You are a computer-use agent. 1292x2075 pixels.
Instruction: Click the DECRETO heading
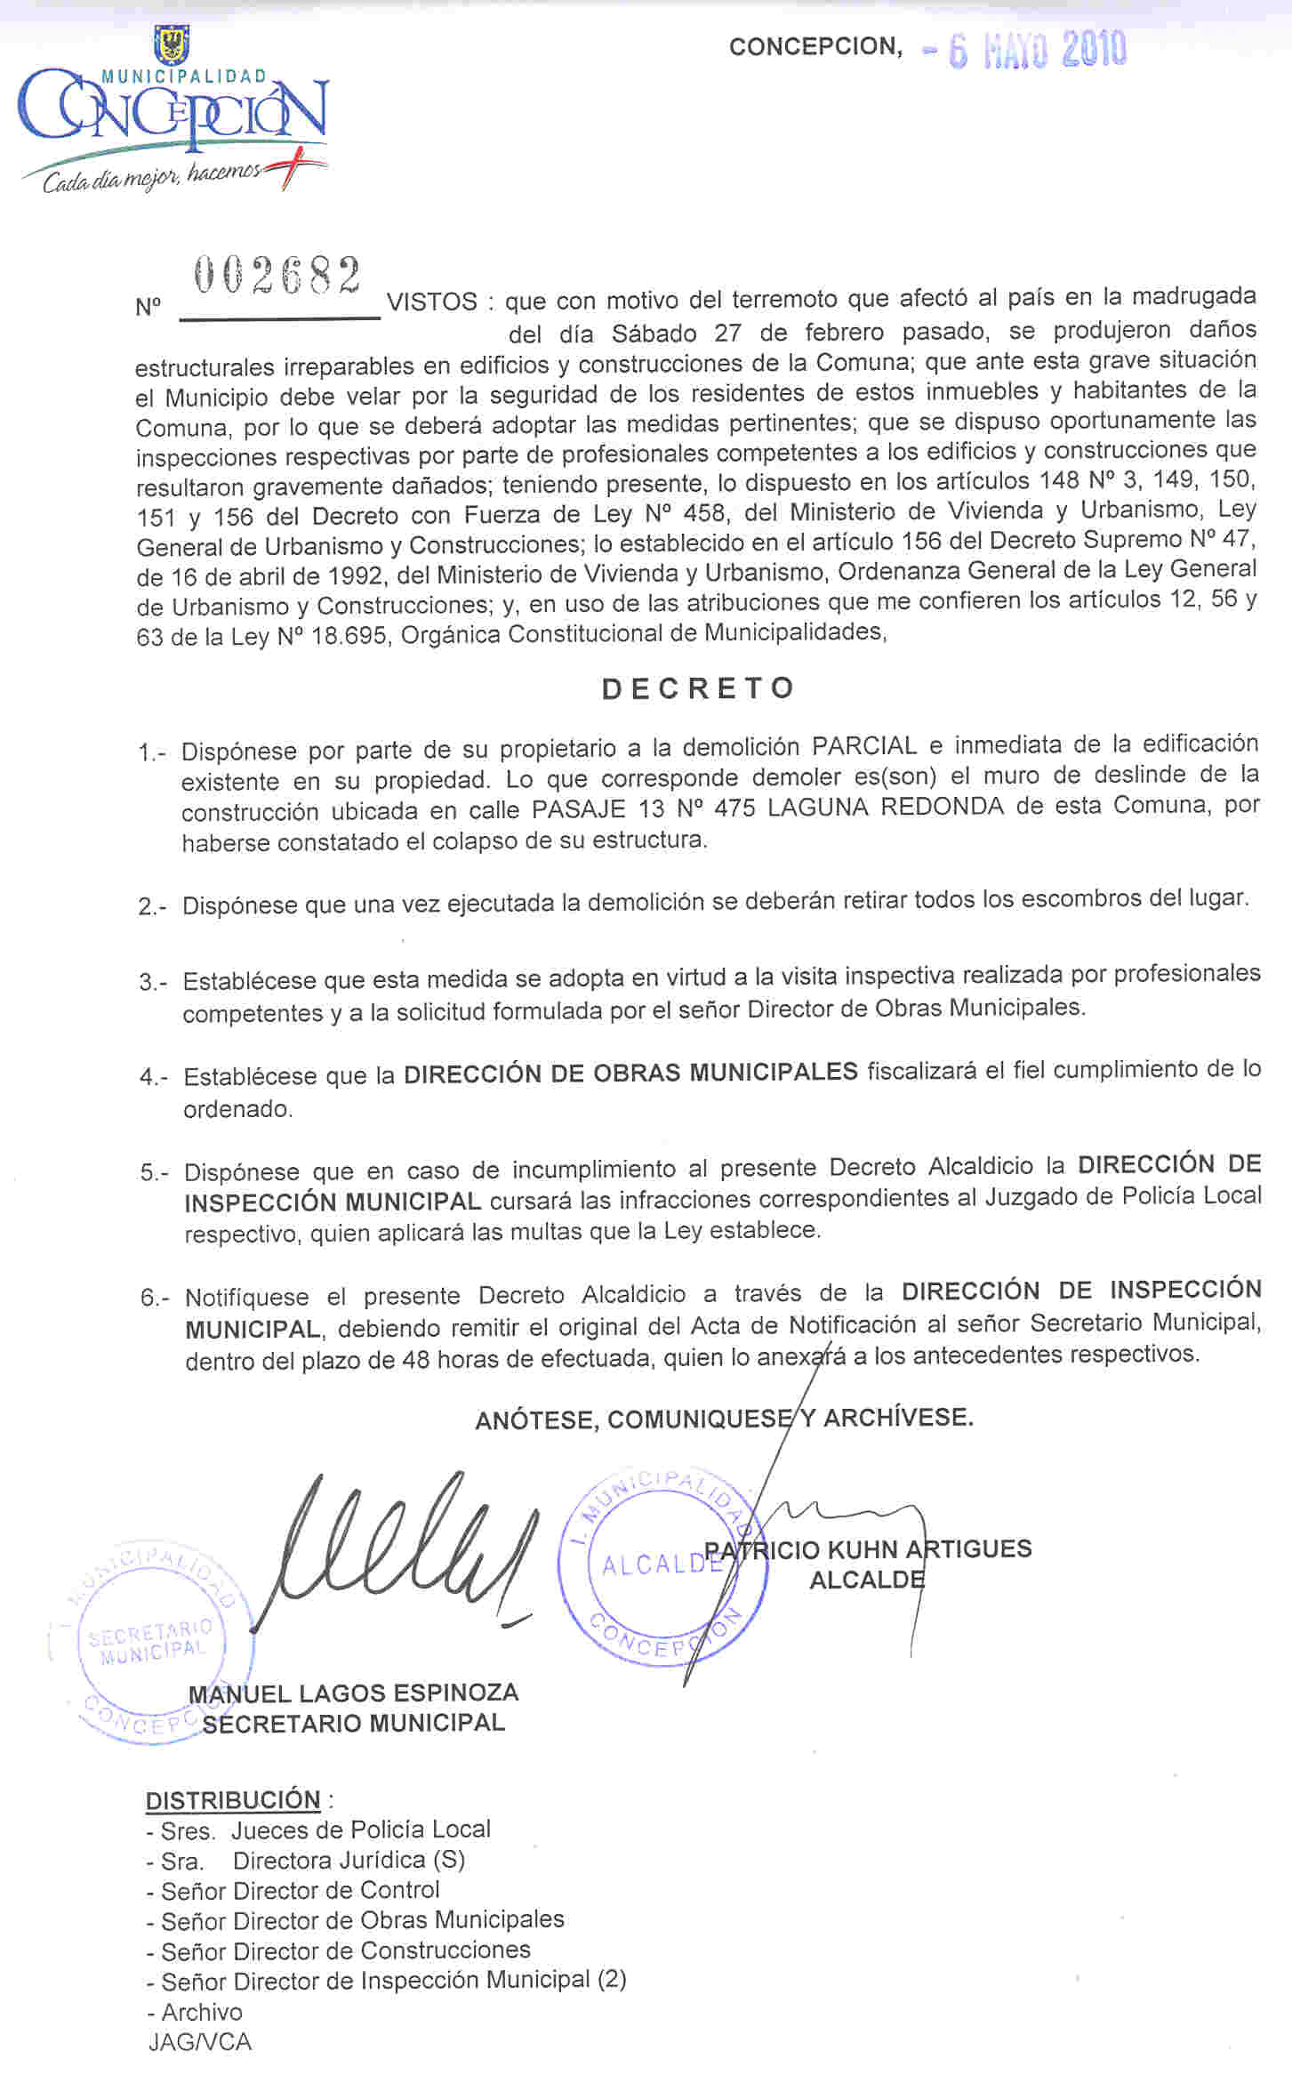click(698, 688)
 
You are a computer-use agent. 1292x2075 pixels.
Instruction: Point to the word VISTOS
click(432, 302)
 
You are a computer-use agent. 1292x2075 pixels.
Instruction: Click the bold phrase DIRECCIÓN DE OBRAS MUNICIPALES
click(630, 1072)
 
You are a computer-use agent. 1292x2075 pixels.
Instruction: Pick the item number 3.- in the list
click(153, 982)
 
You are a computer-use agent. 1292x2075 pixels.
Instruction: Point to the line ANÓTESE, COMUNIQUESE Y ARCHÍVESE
click(724, 1418)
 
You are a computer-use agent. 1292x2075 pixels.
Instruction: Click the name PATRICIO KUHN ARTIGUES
click(868, 1548)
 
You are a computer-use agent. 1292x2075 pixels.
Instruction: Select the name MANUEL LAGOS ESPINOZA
click(354, 1693)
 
